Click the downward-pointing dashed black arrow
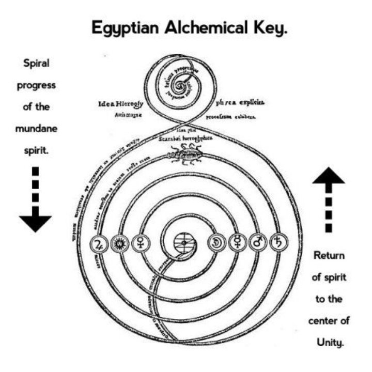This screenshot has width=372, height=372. (x=35, y=199)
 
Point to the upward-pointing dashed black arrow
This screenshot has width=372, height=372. (x=329, y=202)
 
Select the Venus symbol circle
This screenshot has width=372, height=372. (x=140, y=243)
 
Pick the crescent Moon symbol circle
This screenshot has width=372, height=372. (x=215, y=242)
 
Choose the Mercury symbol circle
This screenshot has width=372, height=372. (x=237, y=242)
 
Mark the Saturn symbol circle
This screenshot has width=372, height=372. (x=278, y=242)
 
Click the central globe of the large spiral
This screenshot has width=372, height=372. (x=184, y=242)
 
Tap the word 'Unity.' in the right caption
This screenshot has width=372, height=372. (x=329, y=342)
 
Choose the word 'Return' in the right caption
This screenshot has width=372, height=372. (x=329, y=256)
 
